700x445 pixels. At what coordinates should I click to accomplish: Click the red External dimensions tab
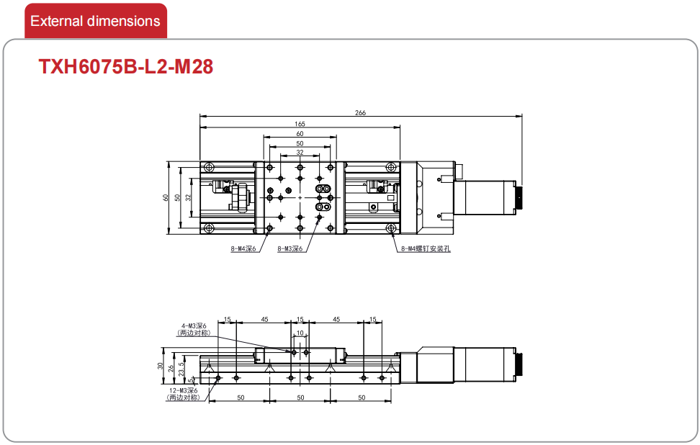pos(96,21)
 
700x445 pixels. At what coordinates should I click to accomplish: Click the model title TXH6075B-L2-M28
pos(126,66)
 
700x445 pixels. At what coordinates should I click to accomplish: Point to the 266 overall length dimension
pos(360,112)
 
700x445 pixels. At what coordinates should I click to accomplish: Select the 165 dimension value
pos(300,124)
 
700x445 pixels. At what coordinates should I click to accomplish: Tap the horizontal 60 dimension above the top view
pos(300,133)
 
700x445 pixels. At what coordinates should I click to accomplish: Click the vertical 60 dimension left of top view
pos(166,197)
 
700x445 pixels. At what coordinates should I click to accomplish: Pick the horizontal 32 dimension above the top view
pos(300,152)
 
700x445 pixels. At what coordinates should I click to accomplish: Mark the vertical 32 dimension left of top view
pos(189,197)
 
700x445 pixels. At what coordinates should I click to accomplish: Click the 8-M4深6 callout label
pos(243,248)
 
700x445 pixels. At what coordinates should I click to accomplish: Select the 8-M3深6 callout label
pos(290,248)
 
